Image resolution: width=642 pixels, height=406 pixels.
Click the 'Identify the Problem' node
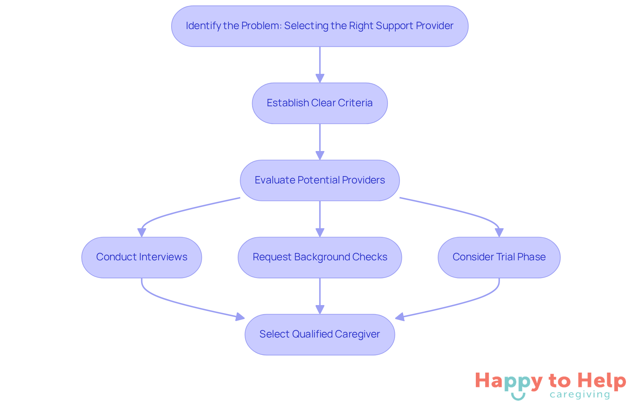pyautogui.click(x=320, y=26)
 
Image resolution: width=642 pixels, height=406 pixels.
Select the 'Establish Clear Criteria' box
pyautogui.click(x=320, y=103)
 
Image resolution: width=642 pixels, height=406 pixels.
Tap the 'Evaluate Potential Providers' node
pyautogui.click(x=320, y=180)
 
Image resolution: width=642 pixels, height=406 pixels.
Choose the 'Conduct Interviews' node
pyautogui.click(x=141, y=257)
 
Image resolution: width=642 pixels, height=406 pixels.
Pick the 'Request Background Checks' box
pyautogui.click(x=320, y=257)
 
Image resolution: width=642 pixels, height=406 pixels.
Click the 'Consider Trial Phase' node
pyautogui.click(x=499, y=257)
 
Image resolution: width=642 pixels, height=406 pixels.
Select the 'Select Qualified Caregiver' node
pyautogui.click(x=320, y=334)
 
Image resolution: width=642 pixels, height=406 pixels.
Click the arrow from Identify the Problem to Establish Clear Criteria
pyautogui.click(x=320, y=63)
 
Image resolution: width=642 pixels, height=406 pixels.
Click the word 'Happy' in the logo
pyautogui.click(x=509, y=381)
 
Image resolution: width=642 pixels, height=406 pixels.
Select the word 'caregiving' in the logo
pyautogui.click(x=580, y=395)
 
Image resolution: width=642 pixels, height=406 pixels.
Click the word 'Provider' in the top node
pyautogui.click(x=434, y=26)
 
